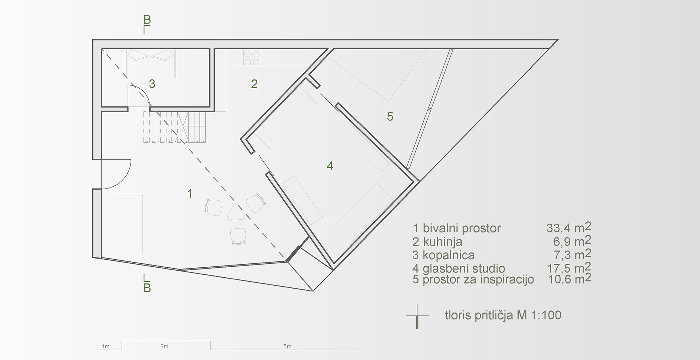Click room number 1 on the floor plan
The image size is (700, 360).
point(190,194)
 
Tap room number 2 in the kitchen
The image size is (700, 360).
point(254,84)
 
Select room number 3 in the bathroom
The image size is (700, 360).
point(152,84)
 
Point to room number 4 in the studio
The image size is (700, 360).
point(330,166)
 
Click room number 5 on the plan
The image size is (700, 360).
point(390,117)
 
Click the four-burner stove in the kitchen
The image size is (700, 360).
point(252,58)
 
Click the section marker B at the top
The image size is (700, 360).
point(147,20)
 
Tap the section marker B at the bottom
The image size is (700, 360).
point(147,288)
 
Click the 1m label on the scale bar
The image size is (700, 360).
point(105,347)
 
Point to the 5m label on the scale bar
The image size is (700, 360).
point(287,347)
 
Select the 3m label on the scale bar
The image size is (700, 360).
point(164,347)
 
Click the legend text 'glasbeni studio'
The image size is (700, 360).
point(464,269)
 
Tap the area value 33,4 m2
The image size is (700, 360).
point(568,228)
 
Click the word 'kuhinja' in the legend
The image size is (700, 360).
point(443,241)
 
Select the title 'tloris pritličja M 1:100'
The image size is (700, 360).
point(503,315)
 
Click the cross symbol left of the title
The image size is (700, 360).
point(417,316)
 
